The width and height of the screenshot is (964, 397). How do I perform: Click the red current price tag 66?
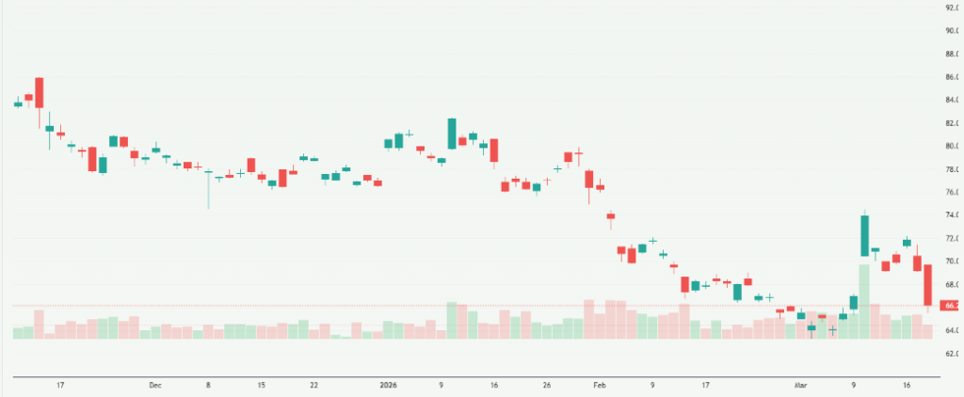(951, 306)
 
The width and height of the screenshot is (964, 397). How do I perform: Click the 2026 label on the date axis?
(387, 385)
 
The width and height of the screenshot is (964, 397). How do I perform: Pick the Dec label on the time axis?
(155, 385)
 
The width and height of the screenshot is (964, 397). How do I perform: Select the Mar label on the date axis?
(801, 385)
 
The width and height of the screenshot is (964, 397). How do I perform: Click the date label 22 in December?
(313, 385)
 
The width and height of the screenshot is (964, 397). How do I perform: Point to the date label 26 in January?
(547, 385)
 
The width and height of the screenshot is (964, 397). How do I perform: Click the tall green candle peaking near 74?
(863, 235)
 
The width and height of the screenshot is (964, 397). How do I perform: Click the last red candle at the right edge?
(927, 284)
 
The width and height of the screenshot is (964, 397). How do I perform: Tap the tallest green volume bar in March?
(863, 301)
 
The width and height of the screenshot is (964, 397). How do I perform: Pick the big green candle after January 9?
(452, 133)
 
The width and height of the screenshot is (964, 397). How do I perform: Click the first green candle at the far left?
(18, 103)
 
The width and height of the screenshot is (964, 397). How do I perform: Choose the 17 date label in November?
(60, 385)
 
